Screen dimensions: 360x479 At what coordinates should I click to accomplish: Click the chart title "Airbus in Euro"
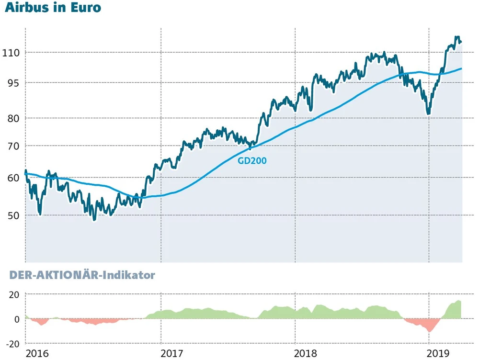pos(53,9)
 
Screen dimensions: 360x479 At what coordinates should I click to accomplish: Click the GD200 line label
pos(252,161)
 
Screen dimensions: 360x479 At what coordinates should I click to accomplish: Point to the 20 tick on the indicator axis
pos(14,294)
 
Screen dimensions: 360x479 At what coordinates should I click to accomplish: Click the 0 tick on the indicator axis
pos(17,319)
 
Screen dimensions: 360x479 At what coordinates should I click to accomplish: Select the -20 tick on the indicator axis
pos(12,343)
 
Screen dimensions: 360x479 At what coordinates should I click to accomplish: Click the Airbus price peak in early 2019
pos(457,38)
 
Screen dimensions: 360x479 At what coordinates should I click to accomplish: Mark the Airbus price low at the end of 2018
pos(429,113)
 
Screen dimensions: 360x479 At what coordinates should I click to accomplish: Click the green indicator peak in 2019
pos(458,302)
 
